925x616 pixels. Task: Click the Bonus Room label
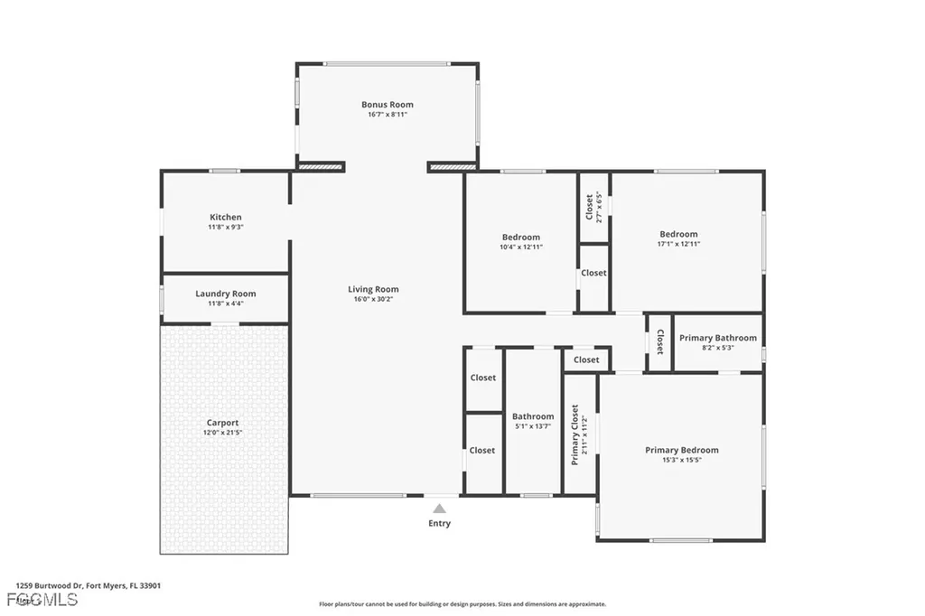tap(387, 105)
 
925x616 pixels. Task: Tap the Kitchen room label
tap(225, 217)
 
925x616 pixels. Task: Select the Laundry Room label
tap(225, 294)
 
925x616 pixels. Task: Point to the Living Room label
tap(373, 289)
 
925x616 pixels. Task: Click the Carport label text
tap(223, 423)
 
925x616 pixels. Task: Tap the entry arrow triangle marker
tap(439, 509)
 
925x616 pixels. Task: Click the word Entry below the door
tap(439, 524)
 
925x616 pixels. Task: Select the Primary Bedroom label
tap(681, 450)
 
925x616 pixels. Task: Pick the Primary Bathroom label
tap(718, 338)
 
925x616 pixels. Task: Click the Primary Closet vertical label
tap(575, 435)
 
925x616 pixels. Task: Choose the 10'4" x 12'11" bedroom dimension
tap(521, 247)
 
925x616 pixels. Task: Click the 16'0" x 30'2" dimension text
tap(373, 299)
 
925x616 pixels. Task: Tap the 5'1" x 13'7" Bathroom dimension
tap(533, 426)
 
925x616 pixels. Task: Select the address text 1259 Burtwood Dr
tap(49, 585)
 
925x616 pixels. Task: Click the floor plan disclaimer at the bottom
tap(462, 604)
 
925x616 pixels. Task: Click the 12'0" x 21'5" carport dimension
tap(223, 433)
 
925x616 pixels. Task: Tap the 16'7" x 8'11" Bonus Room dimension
tap(387, 115)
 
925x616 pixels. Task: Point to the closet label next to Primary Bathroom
tap(660, 341)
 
